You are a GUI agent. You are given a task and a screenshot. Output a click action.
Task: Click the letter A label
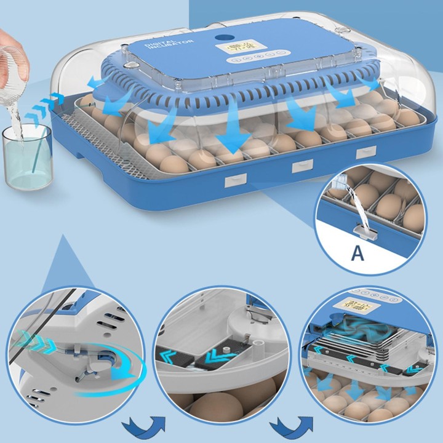(x=357, y=253)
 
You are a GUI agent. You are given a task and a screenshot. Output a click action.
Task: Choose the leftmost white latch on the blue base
(x=235, y=180)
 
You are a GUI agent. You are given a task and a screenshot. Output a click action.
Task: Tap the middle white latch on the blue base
(x=302, y=166)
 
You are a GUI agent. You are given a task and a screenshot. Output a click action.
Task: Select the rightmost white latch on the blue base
(x=365, y=153)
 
